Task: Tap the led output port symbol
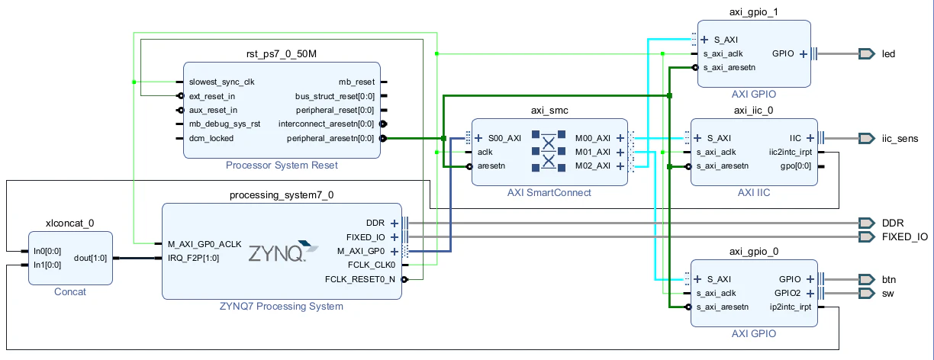[x=866, y=53]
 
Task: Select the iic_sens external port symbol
[x=866, y=138]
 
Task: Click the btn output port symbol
[x=866, y=279]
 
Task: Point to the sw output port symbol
[x=866, y=294]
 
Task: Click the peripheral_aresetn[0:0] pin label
[x=330, y=138]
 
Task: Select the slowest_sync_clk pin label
[x=221, y=82]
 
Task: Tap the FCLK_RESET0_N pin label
[x=360, y=279]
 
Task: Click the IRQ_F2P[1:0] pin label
[x=193, y=258]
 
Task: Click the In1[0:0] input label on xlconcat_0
[x=47, y=265]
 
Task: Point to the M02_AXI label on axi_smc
[x=592, y=166]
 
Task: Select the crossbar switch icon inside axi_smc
[x=549, y=151]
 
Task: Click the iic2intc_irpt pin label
[x=790, y=152]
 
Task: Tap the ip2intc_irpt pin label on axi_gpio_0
[x=790, y=307]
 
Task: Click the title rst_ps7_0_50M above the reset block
[x=282, y=53]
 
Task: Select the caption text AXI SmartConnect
[x=549, y=192]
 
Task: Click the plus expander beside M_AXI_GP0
[x=394, y=251]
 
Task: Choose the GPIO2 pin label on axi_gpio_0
[x=787, y=294]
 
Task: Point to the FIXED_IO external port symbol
[x=866, y=236]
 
